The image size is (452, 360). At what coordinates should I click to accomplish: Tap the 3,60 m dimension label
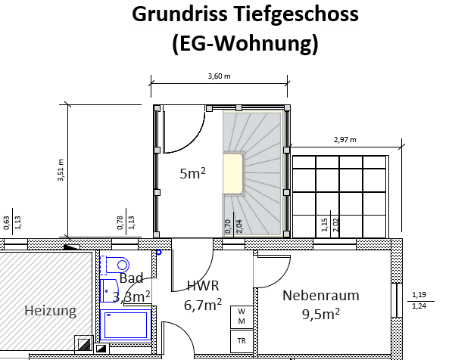click(219, 76)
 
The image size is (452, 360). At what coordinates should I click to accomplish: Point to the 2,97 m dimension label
click(344, 139)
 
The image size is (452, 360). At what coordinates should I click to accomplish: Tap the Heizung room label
click(50, 311)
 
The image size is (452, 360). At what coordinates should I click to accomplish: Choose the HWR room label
click(202, 286)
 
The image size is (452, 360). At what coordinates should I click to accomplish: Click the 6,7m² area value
click(203, 304)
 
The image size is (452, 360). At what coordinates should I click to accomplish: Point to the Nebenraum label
click(320, 295)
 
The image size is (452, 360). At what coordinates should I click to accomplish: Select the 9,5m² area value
click(320, 313)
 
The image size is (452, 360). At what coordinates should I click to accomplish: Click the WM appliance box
click(242, 316)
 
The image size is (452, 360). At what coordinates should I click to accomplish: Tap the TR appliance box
click(242, 341)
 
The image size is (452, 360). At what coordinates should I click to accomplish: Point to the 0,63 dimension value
click(7, 221)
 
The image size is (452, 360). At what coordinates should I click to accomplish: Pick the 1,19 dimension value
click(419, 295)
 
